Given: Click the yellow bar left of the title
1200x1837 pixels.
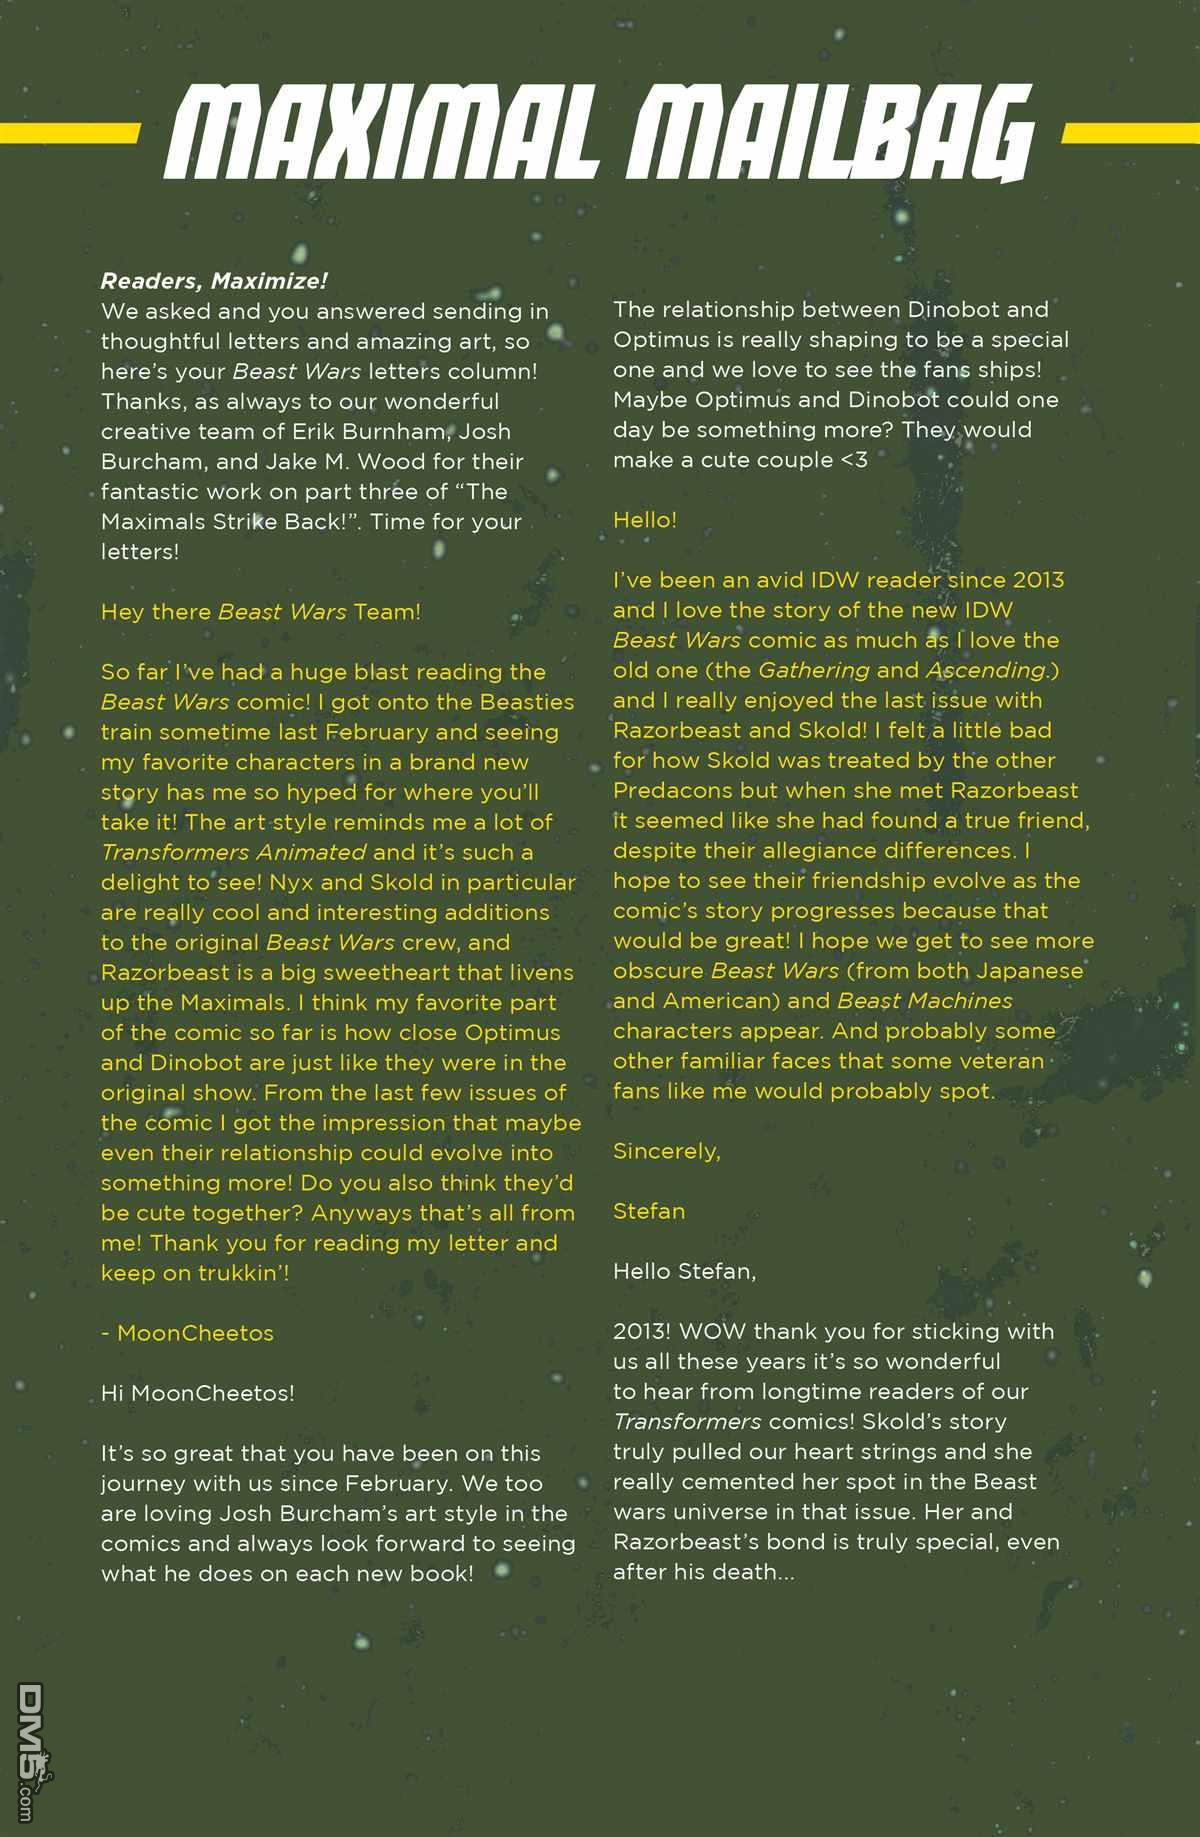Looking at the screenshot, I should pyautogui.click(x=69, y=133).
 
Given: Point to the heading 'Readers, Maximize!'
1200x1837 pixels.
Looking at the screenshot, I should pyautogui.click(x=214, y=281).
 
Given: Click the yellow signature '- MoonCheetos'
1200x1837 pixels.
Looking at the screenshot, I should pyautogui.click(x=187, y=1333).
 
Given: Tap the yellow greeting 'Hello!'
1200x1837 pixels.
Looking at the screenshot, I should pyautogui.click(x=645, y=520).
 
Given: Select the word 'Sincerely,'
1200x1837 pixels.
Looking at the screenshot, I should pyautogui.click(x=667, y=1151).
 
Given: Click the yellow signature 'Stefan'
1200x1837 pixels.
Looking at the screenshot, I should pyautogui.click(x=649, y=1211).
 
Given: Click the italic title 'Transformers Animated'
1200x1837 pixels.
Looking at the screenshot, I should pyautogui.click(x=233, y=852).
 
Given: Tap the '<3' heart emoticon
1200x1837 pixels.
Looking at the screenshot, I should pyautogui.click(x=853, y=460).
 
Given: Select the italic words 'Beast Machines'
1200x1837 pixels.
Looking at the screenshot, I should pyautogui.click(x=925, y=1001).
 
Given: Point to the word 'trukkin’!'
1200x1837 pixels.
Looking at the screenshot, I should pyautogui.click(x=245, y=1273).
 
